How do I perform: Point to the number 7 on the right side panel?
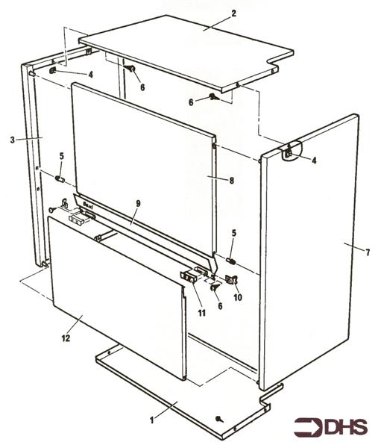(367, 250)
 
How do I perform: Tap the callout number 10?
(237, 297)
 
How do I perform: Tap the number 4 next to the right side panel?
(314, 160)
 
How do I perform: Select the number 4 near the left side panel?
(89, 75)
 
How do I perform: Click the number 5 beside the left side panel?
(62, 157)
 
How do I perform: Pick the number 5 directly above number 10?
(233, 234)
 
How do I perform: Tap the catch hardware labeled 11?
(190, 276)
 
